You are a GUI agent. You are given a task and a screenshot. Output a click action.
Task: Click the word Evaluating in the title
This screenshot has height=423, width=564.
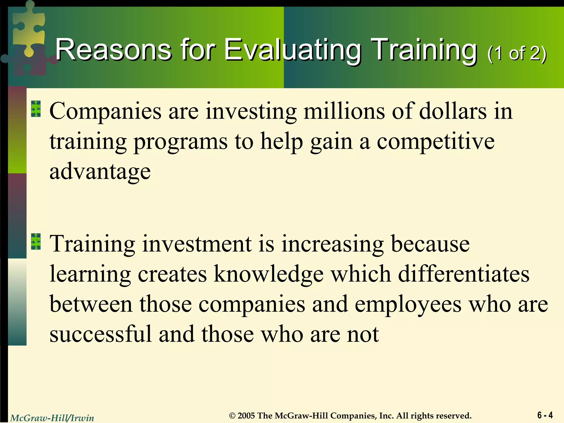click(292, 50)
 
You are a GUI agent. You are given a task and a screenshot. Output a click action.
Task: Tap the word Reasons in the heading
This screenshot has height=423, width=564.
click(113, 50)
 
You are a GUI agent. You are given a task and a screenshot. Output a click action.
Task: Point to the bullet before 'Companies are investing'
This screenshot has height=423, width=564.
click(36, 109)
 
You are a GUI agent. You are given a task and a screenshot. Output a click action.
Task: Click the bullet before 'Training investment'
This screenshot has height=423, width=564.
click(36, 242)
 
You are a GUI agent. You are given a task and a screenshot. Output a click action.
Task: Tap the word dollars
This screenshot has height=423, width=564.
click(453, 111)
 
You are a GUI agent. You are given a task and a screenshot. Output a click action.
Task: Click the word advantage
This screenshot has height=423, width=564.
click(100, 172)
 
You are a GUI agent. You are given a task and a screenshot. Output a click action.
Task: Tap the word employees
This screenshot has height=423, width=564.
click(408, 305)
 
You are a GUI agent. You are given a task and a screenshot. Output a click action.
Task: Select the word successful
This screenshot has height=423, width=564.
click(101, 334)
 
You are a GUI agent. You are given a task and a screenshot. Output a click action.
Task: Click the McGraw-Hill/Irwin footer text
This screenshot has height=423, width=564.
click(52, 418)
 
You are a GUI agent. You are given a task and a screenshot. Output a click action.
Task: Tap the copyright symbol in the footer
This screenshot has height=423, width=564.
click(233, 416)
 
